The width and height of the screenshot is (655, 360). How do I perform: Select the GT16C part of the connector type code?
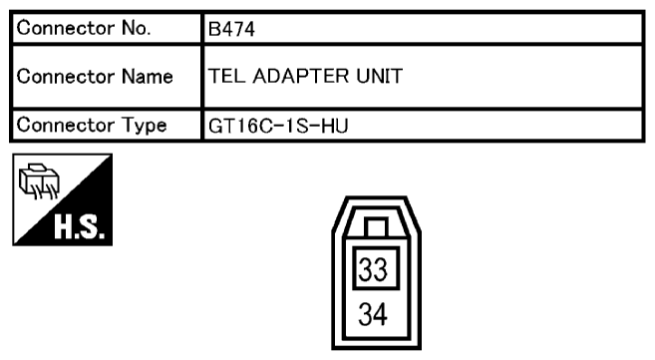[x=235, y=126]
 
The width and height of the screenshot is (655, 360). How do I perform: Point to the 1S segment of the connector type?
[x=284, y=126]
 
